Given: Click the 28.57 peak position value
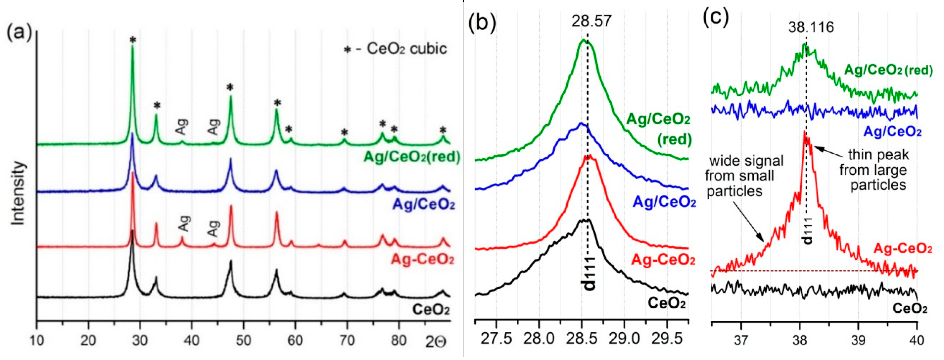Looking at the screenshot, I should click(x=591, y=21).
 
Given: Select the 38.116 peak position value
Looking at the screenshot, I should click(x=811, y=27).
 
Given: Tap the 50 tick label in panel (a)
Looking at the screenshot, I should click(x=243, y=341).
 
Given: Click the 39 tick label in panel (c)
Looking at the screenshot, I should click(x=858, y=340).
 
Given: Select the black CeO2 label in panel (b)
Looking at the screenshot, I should click(x=666, y=303).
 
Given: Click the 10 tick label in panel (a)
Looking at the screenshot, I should click(x=36, y=341).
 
